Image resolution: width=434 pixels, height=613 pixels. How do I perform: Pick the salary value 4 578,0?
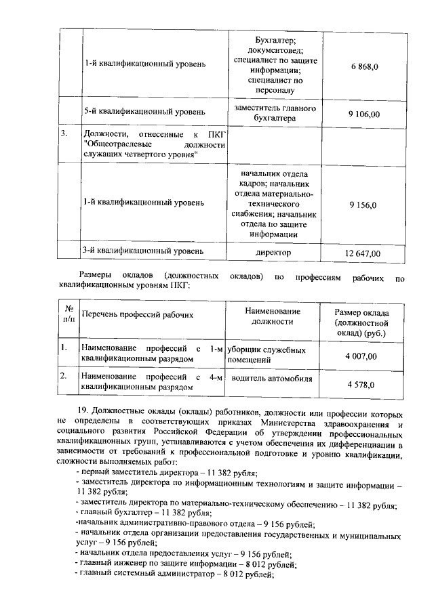(361, 385)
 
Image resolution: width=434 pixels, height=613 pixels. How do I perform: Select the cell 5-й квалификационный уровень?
(144, 110)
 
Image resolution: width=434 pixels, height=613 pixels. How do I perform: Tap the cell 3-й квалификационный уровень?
(142, 251)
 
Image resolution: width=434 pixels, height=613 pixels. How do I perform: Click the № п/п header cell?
(68, 312)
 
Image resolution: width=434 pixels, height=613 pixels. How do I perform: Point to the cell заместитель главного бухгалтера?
(273, 113)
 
